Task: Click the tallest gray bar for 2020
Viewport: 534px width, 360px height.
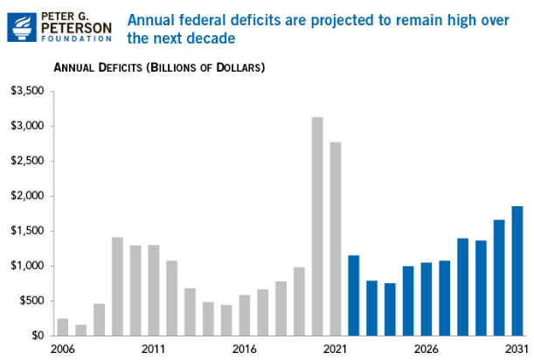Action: click(x=317, y=226)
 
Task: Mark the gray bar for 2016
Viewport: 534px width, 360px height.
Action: click(x=245, y=315)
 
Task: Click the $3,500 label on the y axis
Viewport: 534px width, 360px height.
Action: click(x=27, y=91)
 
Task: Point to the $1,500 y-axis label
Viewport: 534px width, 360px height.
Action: click(x=27, y=231)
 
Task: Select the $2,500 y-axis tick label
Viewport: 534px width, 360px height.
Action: click(x=27, y=161)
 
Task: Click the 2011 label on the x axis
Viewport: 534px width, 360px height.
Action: click(x=154, y=348)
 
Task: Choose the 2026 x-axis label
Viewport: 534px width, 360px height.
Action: click(x=427, y=348)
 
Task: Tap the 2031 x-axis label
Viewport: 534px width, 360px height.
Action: click(x=517, y=348)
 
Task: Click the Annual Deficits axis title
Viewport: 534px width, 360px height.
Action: click(x=160, y=67)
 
